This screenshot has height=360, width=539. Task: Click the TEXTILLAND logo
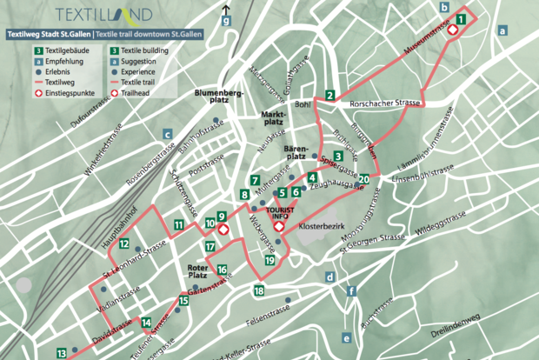(103, 15)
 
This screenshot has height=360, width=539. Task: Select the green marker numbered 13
(62, 353)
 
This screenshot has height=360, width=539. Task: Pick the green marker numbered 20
(363, 179)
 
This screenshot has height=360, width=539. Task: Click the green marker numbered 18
(259, 290)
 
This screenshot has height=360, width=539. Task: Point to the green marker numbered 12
(125, 242)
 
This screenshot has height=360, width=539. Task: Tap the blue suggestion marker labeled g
(226, 22)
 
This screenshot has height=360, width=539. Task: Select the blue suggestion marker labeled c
(166, 134)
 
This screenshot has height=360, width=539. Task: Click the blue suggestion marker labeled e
(347, 338)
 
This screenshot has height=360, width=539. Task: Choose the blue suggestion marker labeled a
(502, 30)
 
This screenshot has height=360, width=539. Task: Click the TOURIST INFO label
(280, 211)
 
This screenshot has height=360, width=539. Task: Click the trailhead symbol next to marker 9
(223, 230)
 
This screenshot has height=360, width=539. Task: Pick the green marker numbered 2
(329, 95)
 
